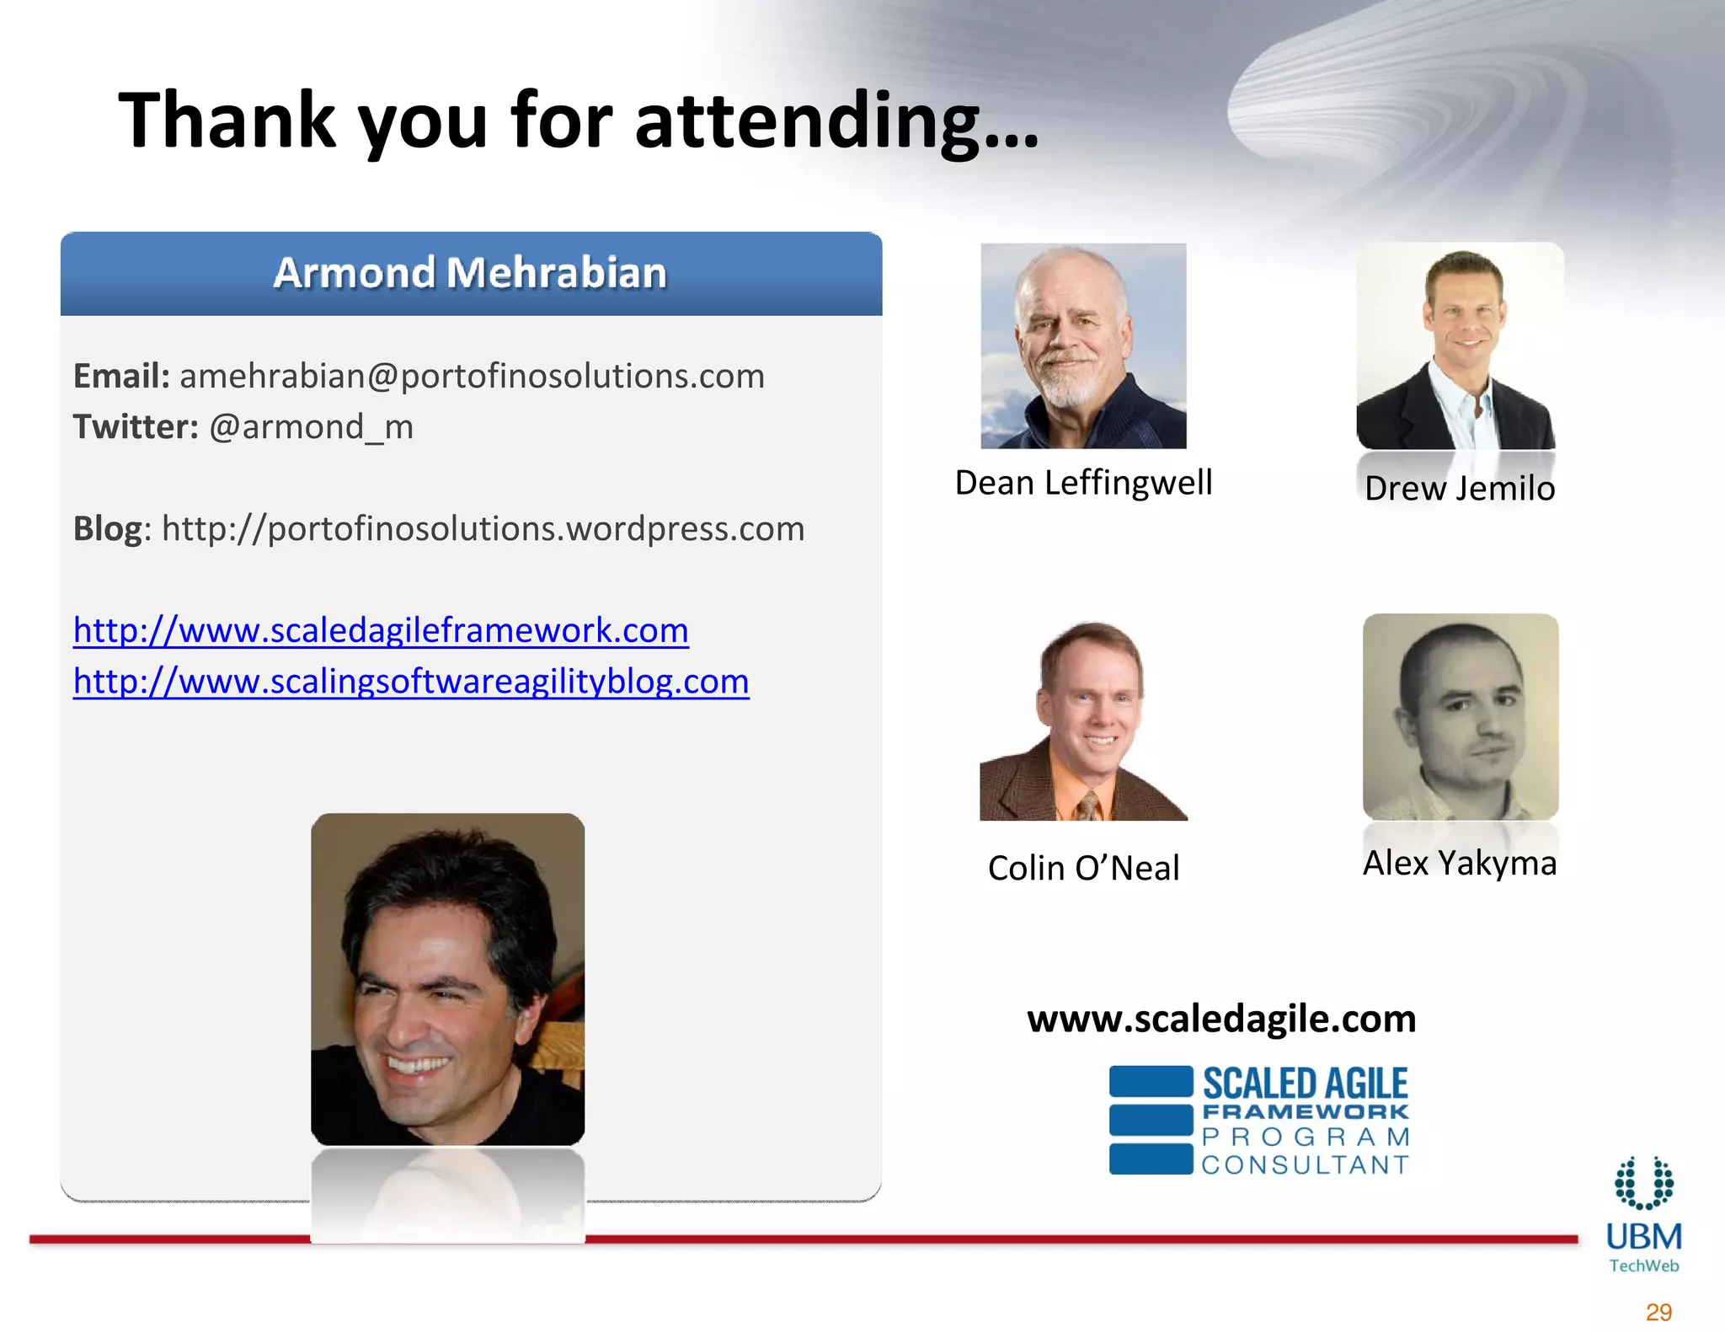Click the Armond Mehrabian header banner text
point(470,273)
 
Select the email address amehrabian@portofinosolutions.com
point(472,376)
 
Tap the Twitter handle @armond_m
point(311,427)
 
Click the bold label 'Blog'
point(108,529)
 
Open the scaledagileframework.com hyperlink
point(381,630)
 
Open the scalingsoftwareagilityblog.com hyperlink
point(411,682)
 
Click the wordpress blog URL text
point(483,529)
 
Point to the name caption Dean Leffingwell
point(1083,483)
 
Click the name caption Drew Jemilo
point(1459,489)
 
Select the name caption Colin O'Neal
point(1083,868)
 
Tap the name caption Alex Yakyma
point(1459,863)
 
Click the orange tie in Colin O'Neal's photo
point(1089,806)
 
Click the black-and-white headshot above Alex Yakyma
point(1461,716)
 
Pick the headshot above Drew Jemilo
point(1459,345)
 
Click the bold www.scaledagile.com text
point(1221,1019)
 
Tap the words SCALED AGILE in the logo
point(1305,1084)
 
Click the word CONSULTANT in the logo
point(1305,1165)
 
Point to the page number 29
point(1658,1312)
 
